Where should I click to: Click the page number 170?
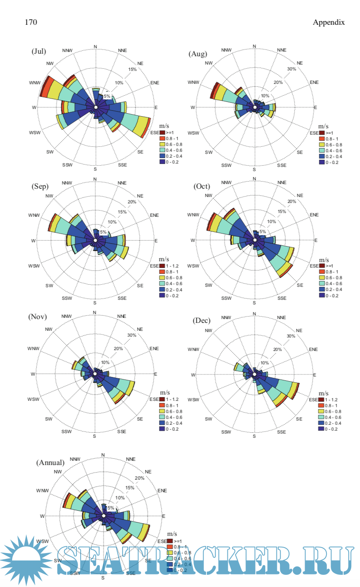tap(31, 22)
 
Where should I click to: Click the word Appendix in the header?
tap(329, 22)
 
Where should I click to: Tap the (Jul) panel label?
tap(39, 51)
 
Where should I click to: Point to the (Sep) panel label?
tap(39, 186)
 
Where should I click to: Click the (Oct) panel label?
tap(201, 186)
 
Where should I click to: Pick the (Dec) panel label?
tap(201, 320)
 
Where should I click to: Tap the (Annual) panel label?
tap(50, 462)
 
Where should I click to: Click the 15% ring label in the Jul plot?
tap(132, 69)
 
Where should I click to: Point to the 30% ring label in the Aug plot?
tap(292, 69)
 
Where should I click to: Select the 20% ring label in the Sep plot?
tap(132, 202)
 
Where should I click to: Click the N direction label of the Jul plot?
tap(95, 47)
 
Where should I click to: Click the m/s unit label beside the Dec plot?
tap(323, 393)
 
